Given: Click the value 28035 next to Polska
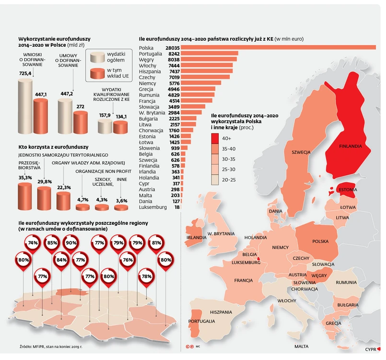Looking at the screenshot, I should pos(172,48).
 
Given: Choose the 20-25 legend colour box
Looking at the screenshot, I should pos(218,180).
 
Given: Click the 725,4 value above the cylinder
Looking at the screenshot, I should pos(25,73).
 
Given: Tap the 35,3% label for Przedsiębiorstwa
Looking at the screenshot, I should pos(25,178).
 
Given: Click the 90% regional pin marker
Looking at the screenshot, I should pos(71,243).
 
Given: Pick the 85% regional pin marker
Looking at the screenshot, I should pos(52,243).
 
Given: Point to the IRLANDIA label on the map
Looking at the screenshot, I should pos(197,237).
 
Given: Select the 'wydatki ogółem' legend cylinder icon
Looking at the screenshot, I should pos(97,59).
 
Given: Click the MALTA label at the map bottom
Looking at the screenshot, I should pos(301,346).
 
